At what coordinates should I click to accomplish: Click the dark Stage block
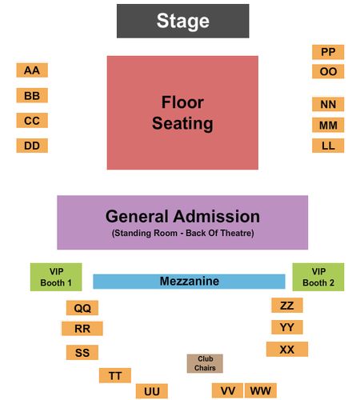tap(182, 21)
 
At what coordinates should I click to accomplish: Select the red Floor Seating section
tap(182, 113)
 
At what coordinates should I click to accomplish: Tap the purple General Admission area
tap(182, 222)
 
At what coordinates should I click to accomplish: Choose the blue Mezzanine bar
tap(189, 282)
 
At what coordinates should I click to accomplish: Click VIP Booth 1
tap(56, 277)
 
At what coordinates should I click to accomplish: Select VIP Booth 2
tap(318, 277)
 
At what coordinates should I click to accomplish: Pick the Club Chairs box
tap(205, 363)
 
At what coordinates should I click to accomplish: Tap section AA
tap(32, 70)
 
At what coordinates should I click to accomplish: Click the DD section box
tap(32, 146)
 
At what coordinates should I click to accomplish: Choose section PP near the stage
tap(328, 52)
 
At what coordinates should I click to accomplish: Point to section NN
tap(328, 104)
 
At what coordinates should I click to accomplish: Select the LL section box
tap(328, 146)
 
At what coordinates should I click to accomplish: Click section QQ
tap(82, 308)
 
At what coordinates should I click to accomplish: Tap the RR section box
tap(82, 328)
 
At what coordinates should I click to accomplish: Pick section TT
tap(115, 375)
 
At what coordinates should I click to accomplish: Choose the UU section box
tap(152, 391)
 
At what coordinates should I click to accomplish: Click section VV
tap(227, 390)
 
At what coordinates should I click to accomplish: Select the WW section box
tap(261, 390)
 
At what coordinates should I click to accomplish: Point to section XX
tap(287, 349)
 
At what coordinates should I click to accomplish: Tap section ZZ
tap(287, 305)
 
